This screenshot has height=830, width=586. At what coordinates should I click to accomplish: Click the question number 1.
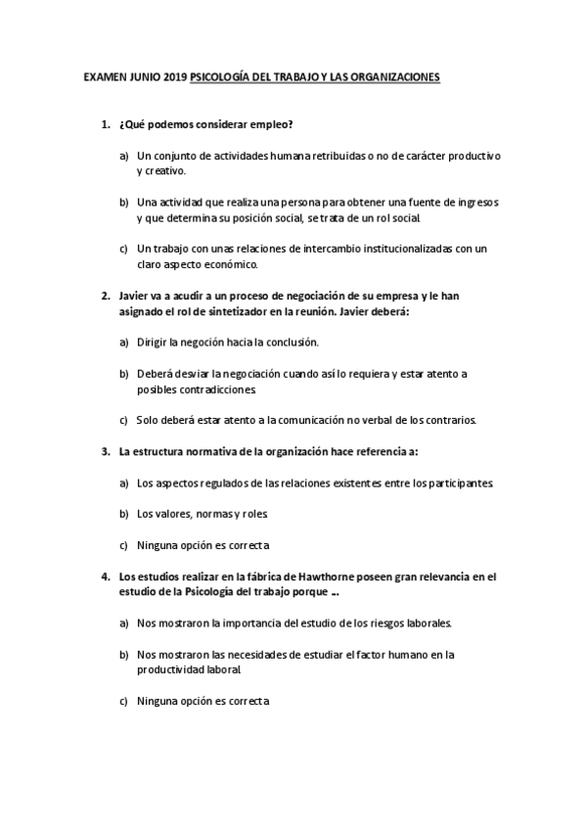[x=104, y=126]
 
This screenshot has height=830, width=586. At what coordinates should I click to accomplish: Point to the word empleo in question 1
[x=271, y=126]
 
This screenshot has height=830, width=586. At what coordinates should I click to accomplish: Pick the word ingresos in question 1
[x=474, y=202]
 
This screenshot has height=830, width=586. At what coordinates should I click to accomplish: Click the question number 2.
[x=104, y=295]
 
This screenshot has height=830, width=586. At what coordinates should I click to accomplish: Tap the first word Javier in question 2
[x=135, y=295]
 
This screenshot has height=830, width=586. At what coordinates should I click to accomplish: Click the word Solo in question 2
[x=149, y=421]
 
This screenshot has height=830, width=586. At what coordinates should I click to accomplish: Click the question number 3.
[x=104, y=451]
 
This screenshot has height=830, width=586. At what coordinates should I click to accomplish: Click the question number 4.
[x=104, y=576]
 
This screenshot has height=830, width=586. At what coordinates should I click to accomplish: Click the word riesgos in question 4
[x=377, y=623]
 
